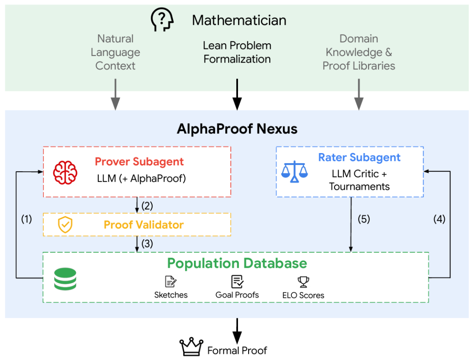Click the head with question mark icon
click(162, 19)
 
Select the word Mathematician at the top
click(239, 20)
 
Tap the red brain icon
click(65, 172)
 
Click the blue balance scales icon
click(294, 172)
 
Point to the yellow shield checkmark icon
click(65, 225)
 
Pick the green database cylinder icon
click(65, 279)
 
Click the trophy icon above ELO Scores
click(303, 281)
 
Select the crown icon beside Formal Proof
click(191, 347)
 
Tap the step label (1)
click(26, 219)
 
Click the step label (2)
click(147, 206)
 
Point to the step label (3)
click(147, 244)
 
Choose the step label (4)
click(439, 219)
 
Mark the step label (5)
click(364, 219)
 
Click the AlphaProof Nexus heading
click(237, 129)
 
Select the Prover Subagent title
click(139, 161)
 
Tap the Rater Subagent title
click(360, 157)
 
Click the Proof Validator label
click(144, 225)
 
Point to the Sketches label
click(171, 295)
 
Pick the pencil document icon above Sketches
click(171, 281)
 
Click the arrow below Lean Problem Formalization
click(237, 94)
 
